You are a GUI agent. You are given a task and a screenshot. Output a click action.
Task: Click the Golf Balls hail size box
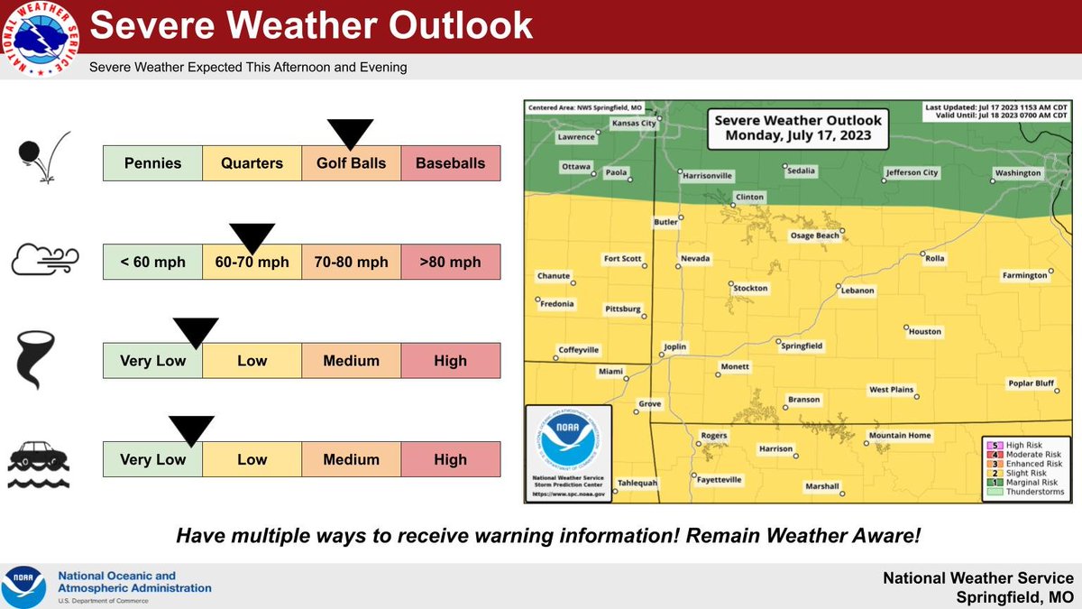pos(351,163)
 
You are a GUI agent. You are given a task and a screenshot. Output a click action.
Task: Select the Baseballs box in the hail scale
pos(450,163)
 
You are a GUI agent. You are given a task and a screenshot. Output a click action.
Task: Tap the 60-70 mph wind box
pos(252,262)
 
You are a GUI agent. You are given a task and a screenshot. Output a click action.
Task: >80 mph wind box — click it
pos(450,262)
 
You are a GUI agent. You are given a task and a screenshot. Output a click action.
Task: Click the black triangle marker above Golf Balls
pos(351,134)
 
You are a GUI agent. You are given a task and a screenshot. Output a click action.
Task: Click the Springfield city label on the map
pos(801,346)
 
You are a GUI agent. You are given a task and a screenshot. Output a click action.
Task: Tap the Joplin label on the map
pos(675,346)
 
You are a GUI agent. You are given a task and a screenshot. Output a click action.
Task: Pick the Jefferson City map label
pos(912,171)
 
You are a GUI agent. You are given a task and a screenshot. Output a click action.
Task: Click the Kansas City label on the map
pos(634,123)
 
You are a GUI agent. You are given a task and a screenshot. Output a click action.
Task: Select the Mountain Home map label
pos(899,436)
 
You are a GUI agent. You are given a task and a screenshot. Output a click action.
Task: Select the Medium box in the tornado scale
pos(351,361)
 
